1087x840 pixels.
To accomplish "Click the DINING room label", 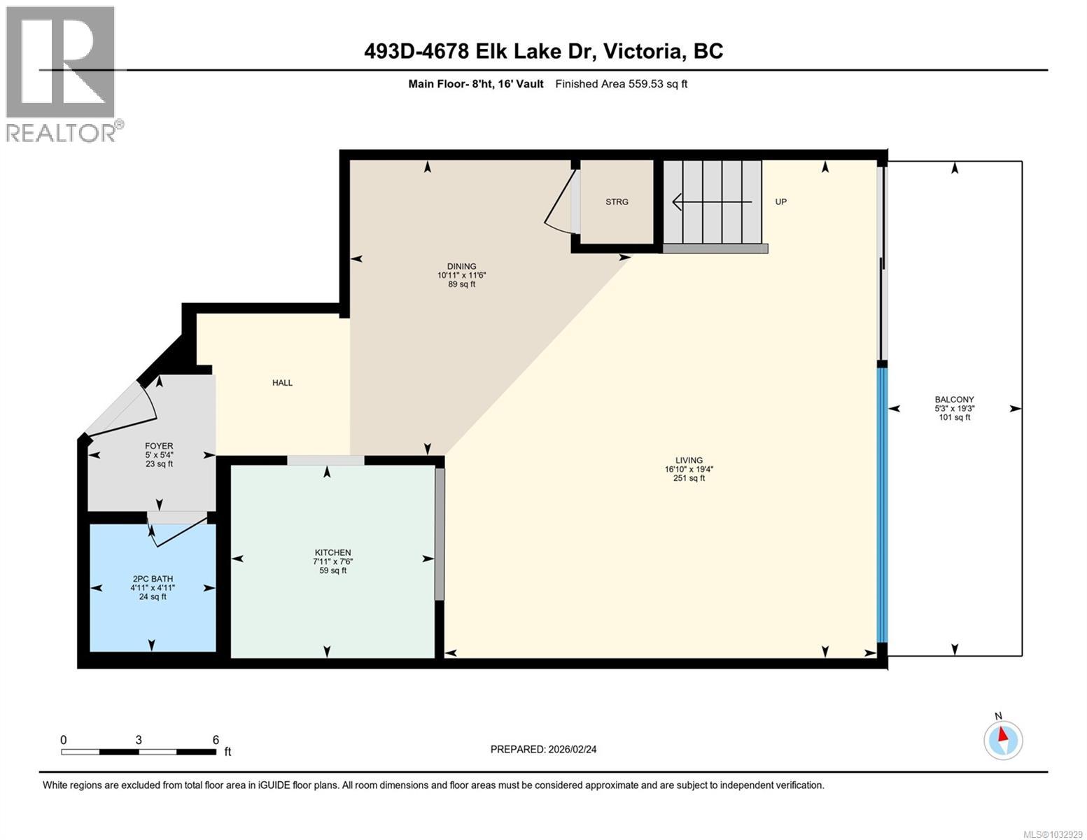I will coord(461,267).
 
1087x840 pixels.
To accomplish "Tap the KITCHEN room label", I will coord(332,552).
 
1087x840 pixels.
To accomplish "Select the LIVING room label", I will coord(689,461).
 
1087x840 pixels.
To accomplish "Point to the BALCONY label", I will coord(954,400).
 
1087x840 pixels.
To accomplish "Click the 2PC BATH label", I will coord(153,579).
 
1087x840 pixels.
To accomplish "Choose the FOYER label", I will coord(159,446).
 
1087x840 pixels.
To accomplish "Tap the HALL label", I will coord(282,383).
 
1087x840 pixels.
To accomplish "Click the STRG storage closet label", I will coord(617,202).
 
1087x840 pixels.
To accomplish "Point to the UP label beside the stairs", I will coord(780,202).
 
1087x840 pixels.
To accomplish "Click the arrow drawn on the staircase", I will coord(711,202).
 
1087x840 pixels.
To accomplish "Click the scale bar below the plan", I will coord(139,752).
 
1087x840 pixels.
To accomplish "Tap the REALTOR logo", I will coord(62,73).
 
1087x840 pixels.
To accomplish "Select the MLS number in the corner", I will coord(1053,833).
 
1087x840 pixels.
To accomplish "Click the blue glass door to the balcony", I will coord(883,504).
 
